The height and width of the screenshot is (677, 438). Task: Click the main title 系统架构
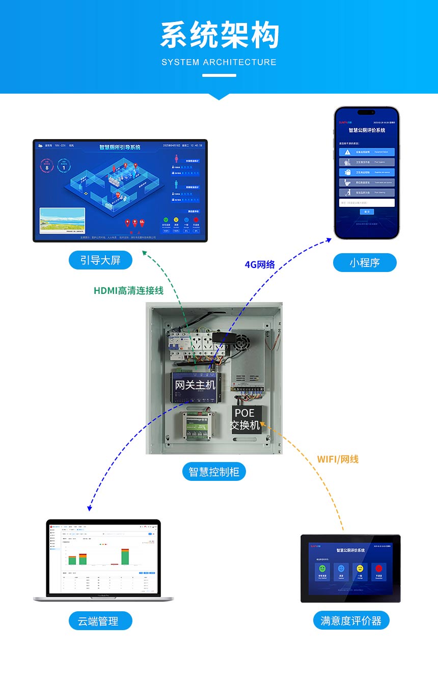[220, 36]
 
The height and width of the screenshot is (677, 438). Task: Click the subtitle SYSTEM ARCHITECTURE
[219, 62]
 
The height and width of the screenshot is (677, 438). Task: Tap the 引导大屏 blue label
[100, 260]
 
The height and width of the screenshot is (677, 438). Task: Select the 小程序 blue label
[365, 262]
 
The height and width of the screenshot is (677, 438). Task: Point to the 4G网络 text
[260, 264]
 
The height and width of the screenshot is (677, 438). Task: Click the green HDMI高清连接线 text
[128, 290]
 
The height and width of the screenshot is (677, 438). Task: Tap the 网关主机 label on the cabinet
[195, 385]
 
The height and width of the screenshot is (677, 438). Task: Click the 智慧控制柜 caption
[214, 472]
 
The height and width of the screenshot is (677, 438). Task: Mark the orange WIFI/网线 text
[338, 459]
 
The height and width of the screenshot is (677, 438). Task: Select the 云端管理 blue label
[100, 621]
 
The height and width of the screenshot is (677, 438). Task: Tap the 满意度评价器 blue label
[351, 620]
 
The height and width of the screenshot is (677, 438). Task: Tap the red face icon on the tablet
[378, 568]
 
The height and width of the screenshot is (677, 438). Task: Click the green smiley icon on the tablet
[322, 568]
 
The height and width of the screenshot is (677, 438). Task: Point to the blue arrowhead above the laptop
[90, 508]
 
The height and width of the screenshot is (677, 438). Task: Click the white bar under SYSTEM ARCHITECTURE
[219, 75]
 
